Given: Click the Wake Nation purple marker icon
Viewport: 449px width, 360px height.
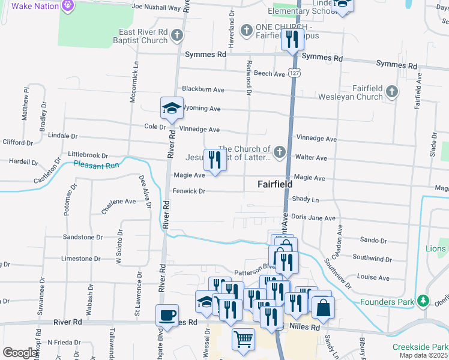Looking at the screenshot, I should click(68, 6).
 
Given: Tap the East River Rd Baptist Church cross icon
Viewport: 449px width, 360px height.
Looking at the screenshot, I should click(176, 36).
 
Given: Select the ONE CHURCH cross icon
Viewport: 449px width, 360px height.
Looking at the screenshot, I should click(246, 30).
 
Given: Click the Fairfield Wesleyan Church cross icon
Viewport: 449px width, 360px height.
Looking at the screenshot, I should click(392, 92).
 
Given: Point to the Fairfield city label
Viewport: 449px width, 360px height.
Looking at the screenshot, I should click(275, 184).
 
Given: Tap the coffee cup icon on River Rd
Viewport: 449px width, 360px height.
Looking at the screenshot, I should click(167, 314).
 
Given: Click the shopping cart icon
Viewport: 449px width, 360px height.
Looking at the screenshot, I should click(244, 340).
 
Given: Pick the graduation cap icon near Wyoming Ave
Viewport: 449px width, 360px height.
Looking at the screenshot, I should click(172, 108).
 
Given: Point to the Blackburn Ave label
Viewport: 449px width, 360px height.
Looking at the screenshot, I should click(203, 89).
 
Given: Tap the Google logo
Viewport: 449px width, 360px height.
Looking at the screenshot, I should click(20, 353).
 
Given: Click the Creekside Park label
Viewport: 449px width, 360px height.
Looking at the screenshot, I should click(420, 347).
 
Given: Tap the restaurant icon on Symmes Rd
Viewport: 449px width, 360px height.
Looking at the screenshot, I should click(292, 40).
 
